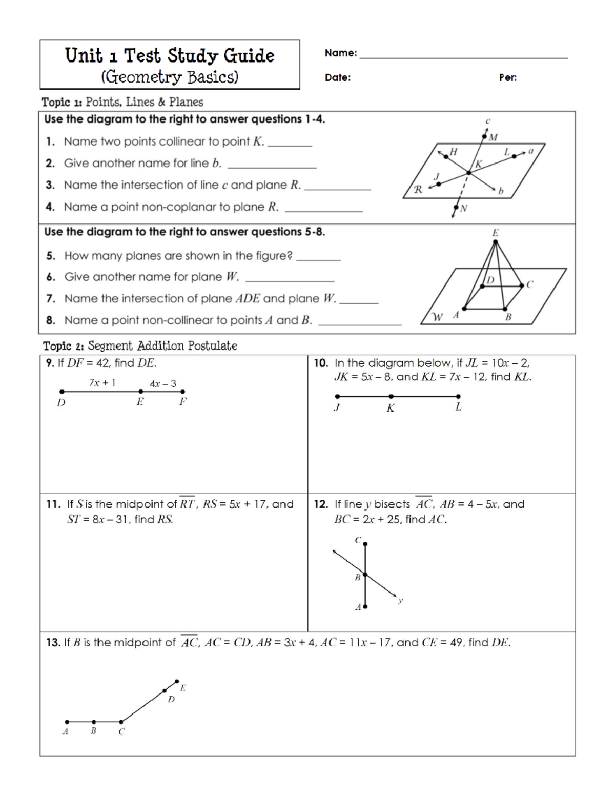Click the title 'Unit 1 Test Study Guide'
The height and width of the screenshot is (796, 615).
(x=170, y=55)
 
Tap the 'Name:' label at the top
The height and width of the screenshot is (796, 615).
(x=341, y=53)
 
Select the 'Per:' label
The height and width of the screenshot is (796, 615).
(x=507, y=78)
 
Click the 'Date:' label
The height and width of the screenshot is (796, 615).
(x=338, y=78)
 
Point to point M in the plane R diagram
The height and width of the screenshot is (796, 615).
(x=485, y=136)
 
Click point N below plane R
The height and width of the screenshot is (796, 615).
(x=456, y=208)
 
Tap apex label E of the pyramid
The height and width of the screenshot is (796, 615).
(x=495, y=233)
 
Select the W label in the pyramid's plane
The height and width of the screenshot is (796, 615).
(x=437, y=317)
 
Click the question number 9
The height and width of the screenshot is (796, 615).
(x=50, y=363)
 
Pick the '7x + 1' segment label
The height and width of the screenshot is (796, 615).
(x=102, y=382)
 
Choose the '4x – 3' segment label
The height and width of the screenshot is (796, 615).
(x=163, y=383)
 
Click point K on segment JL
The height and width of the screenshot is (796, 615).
(x=391, y=396)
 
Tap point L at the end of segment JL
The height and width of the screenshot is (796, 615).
(x=458, y=396)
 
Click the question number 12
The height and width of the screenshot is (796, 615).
(x=321, y=504)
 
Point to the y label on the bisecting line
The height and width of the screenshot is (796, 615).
(x=401, y=600)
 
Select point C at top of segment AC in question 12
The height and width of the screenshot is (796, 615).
(x=365, y=544)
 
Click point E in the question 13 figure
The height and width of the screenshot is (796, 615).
(x=177, y=682)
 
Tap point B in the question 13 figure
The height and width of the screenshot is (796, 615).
(x=94, y=722)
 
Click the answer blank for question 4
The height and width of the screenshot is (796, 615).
(x=323, y=208)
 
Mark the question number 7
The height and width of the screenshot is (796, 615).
(x=50, y=299)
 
